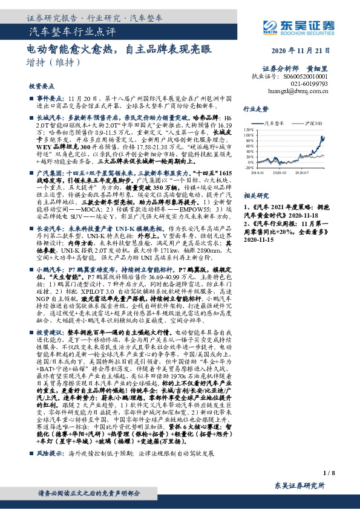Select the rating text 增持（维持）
[54, 62]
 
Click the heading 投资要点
[41, 86]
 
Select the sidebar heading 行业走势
[255, 109]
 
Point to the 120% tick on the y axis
[249, 129]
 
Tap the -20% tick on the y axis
[250, 168]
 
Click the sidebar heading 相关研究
[255, 196]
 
